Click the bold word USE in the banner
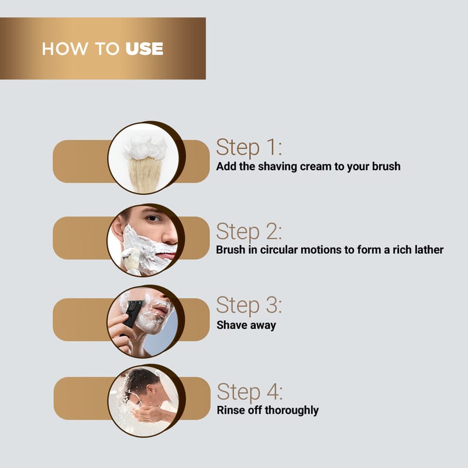tap(144, 49)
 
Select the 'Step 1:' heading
tap(249, 147)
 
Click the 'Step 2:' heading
tap(249, 231)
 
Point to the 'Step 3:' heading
tap(249, 305)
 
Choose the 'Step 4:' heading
tap(250, 391)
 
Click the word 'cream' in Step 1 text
tap(315, 167)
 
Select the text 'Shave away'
tap(246, 325)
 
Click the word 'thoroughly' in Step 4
tap(291, 411)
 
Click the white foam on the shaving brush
tap(145, 147)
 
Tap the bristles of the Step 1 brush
tap(144, 174)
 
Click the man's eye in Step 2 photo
tap(153, 218)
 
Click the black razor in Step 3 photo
tap(132, 315)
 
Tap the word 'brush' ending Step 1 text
tap(386, 167)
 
